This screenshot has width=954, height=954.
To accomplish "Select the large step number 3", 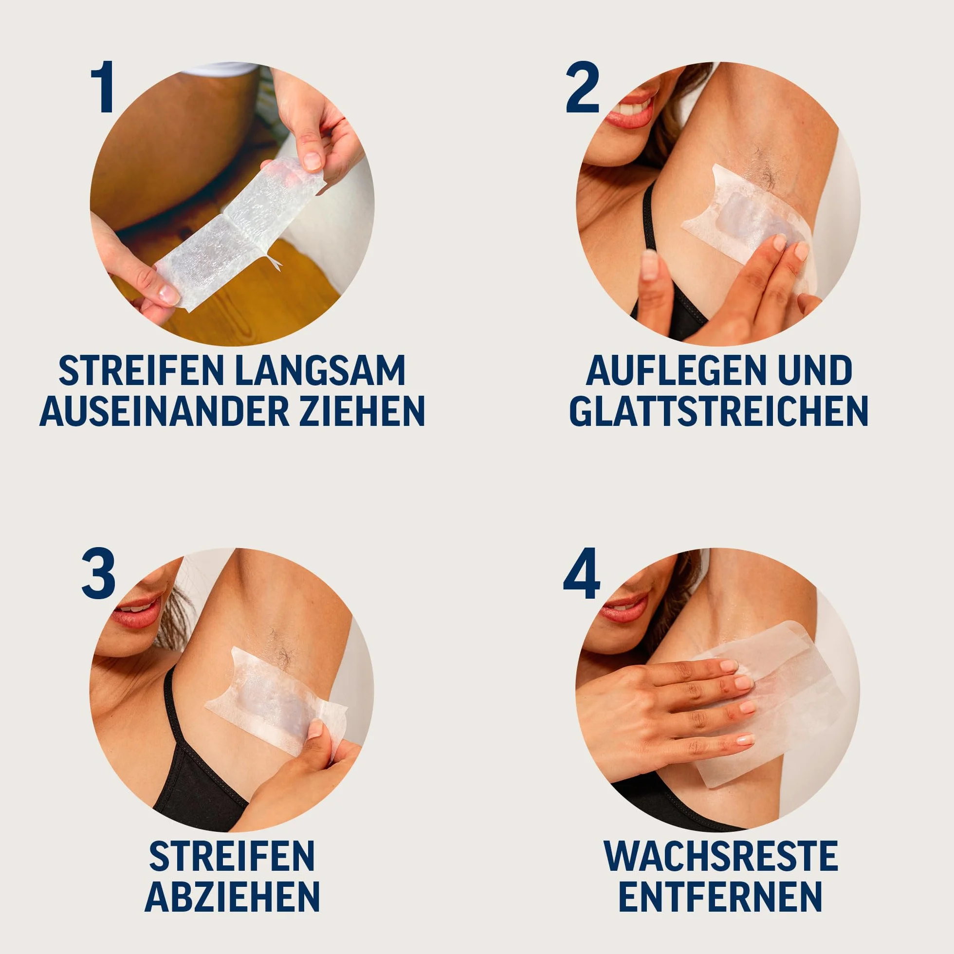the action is pos(98,575).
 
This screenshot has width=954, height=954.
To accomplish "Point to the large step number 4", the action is pos(582,575).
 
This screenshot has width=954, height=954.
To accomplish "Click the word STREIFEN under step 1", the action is pos(140,370).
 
